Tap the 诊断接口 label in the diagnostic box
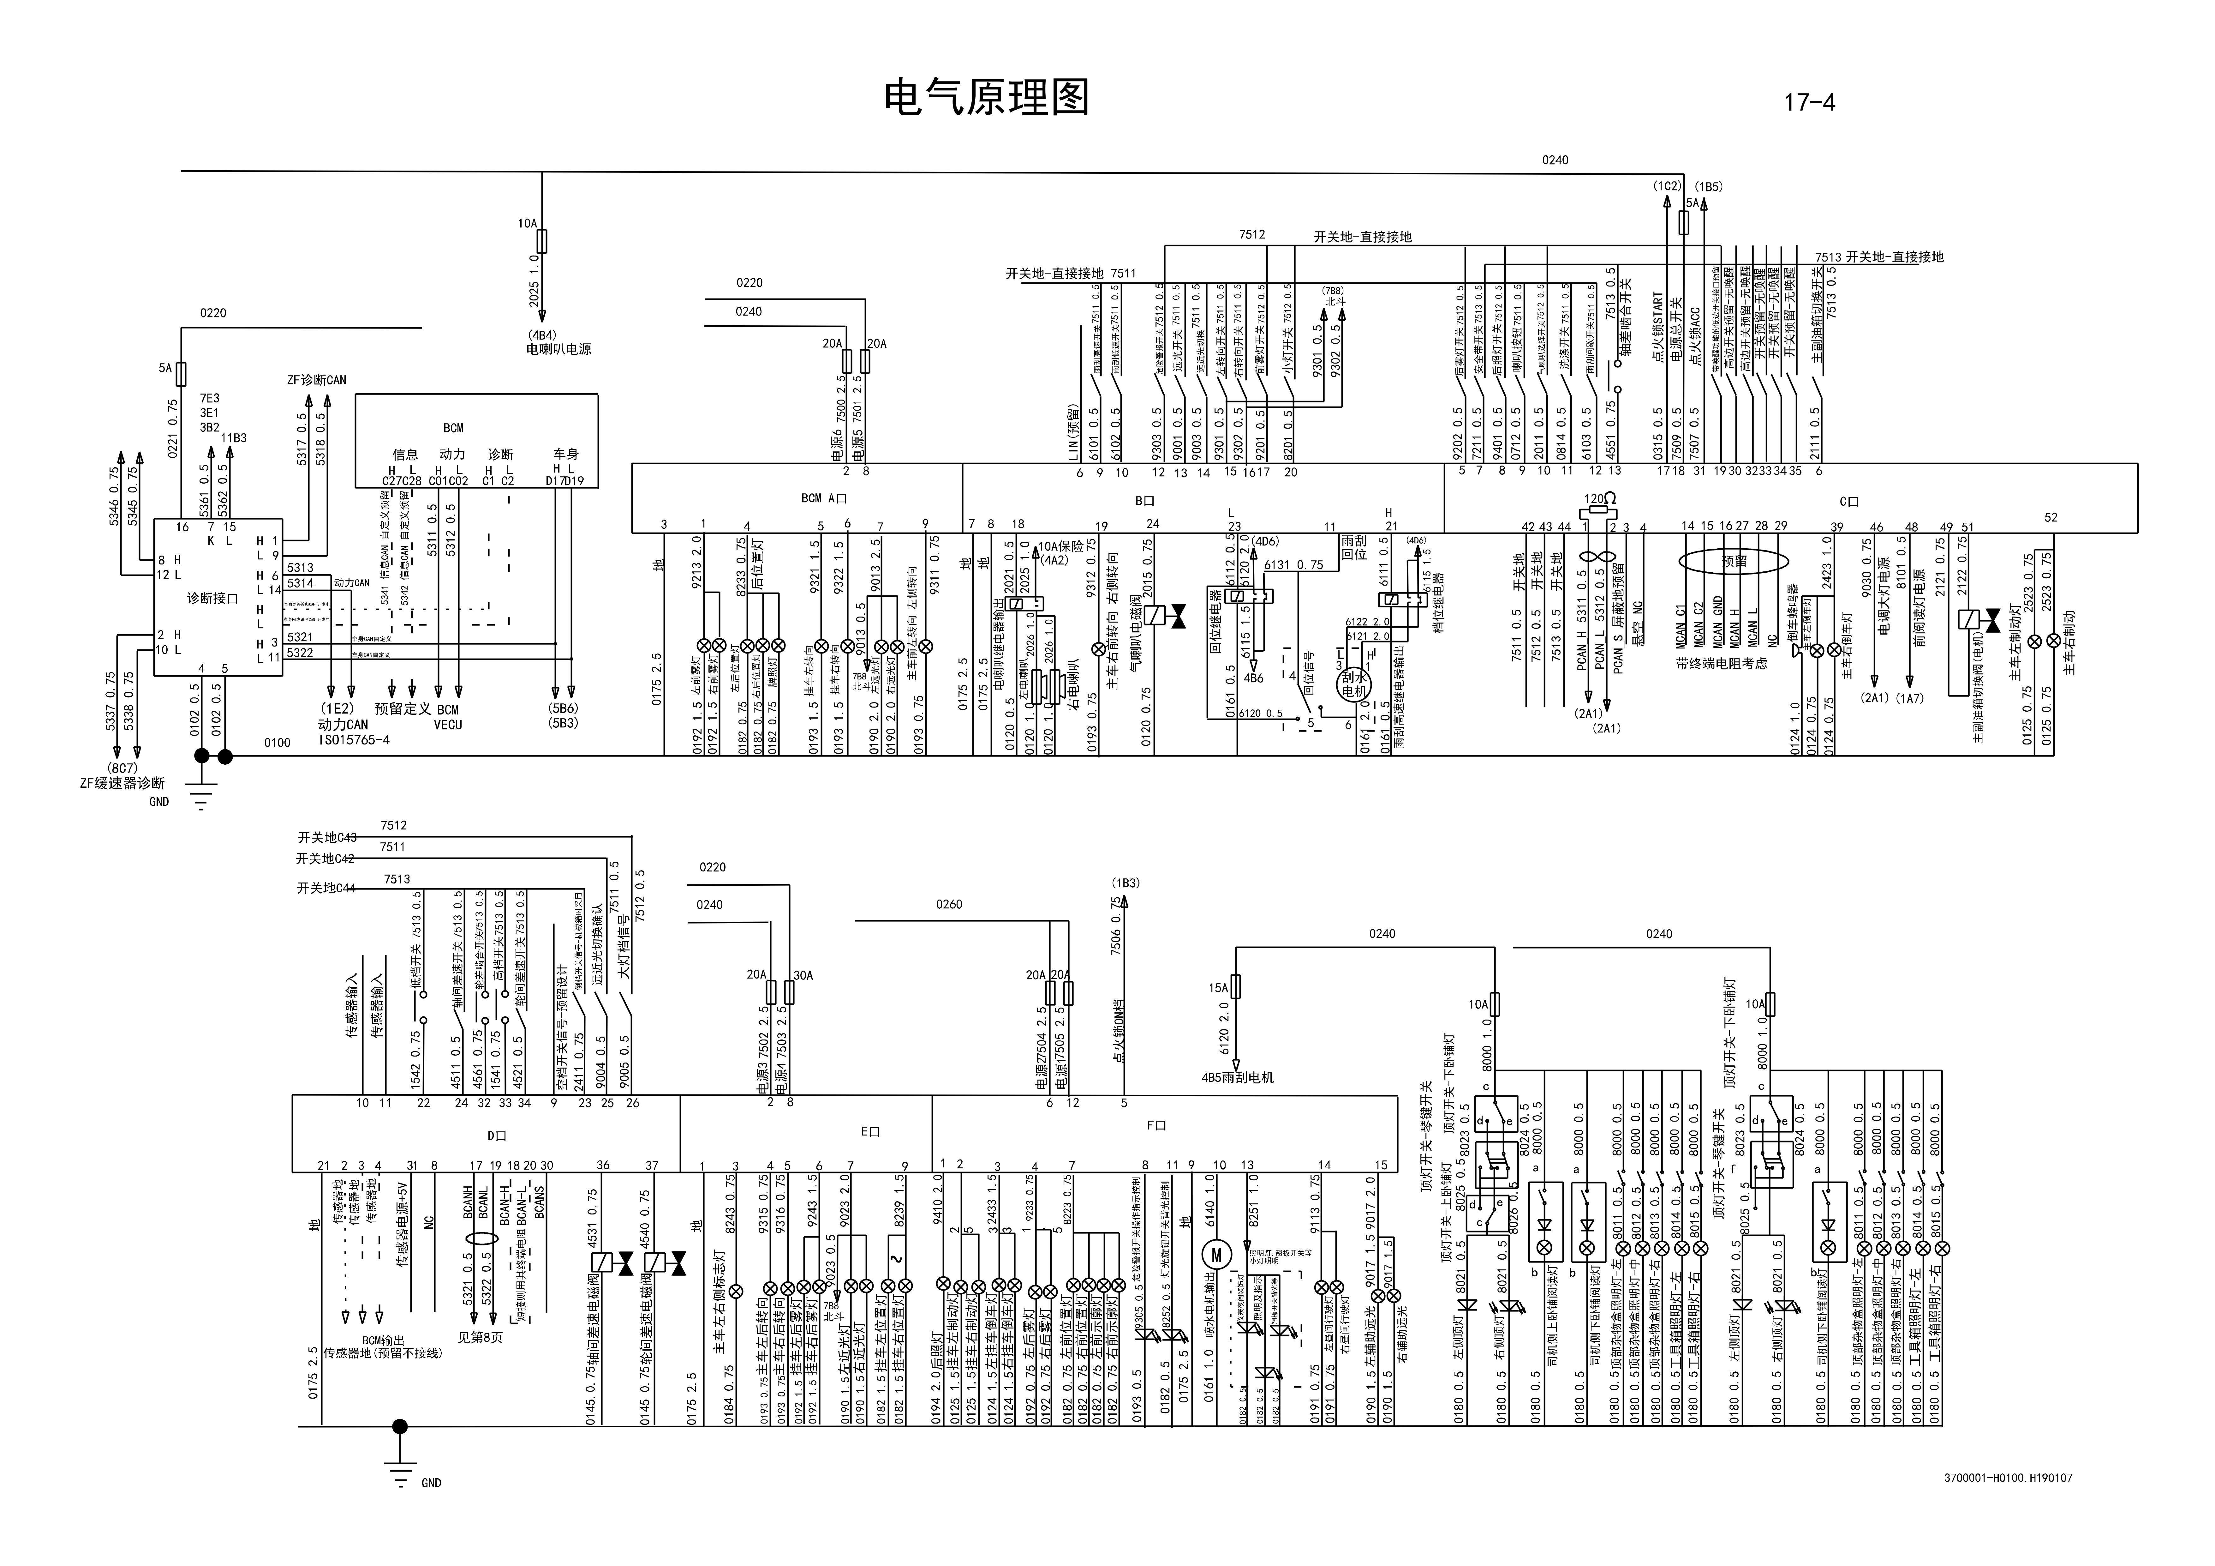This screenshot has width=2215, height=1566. pos(212,598)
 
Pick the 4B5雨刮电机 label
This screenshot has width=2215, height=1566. pos(1237,1077)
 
